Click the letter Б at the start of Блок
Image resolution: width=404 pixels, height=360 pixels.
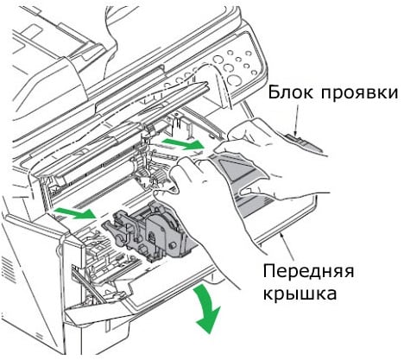[272, 93]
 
